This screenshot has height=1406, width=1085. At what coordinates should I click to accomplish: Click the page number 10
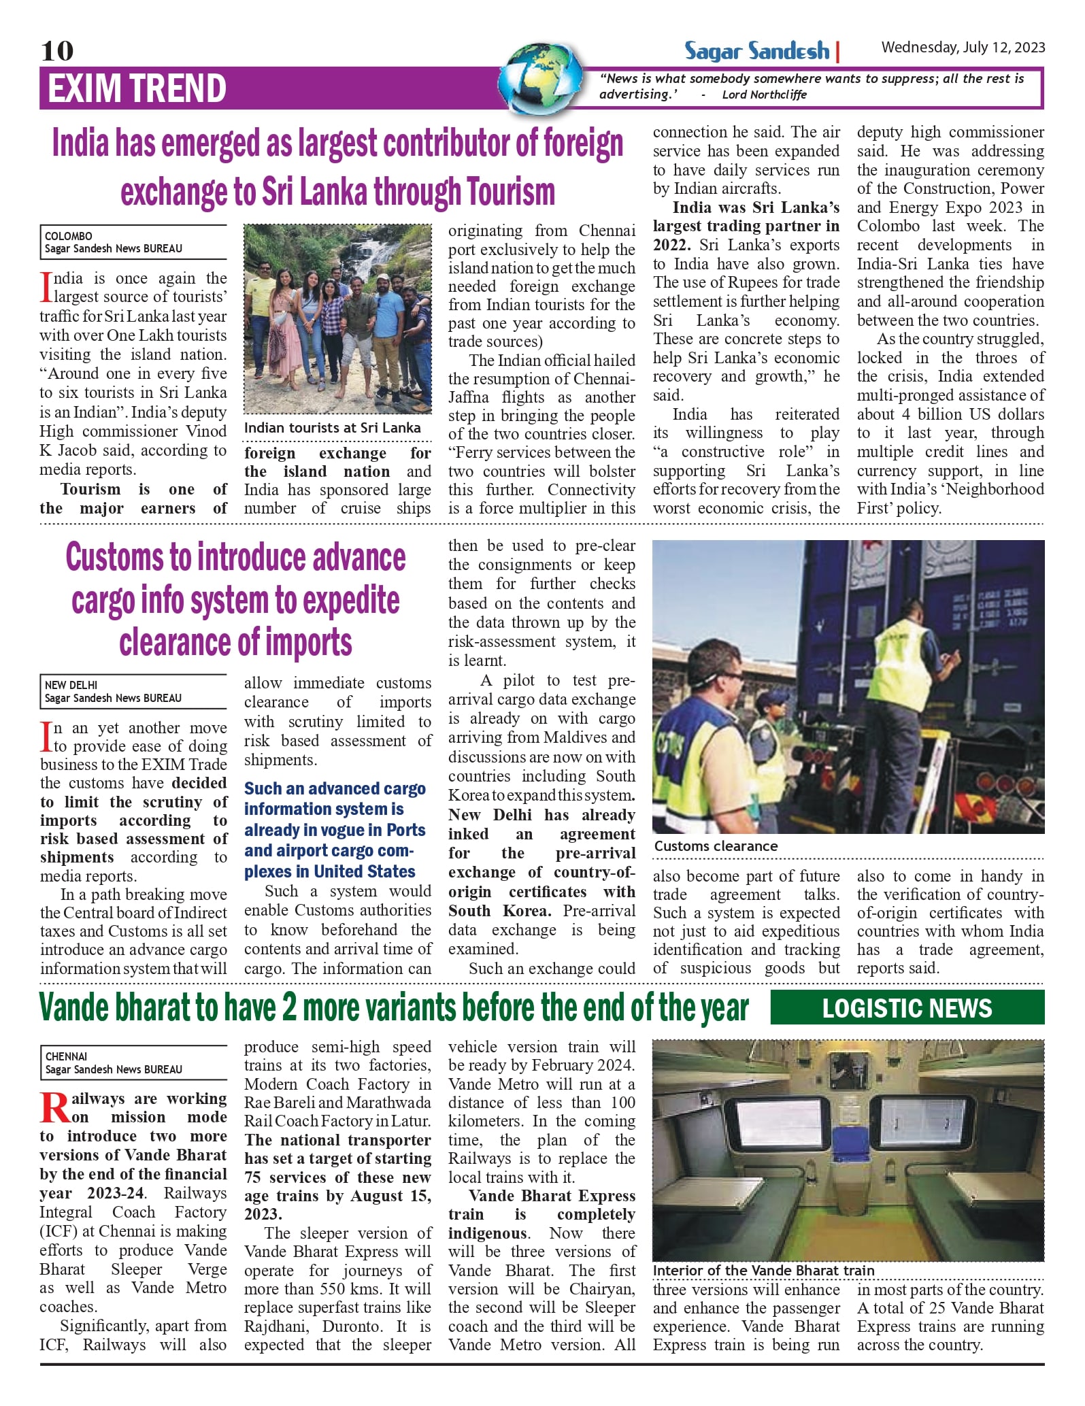(x=57, y=51)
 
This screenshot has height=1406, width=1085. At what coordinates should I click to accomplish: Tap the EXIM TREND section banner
(x=137, y=89)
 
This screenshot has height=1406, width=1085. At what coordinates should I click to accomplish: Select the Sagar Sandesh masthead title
(x=756, y=51)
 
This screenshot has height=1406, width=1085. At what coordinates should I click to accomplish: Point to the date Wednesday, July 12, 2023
(x=963, y=47)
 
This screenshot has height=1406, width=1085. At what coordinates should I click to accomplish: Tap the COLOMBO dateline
(x=68, y=236)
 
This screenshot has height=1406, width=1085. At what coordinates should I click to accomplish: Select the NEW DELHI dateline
(x=71, y=685)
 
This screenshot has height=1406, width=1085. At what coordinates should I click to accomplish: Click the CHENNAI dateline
(x=66, y=1056)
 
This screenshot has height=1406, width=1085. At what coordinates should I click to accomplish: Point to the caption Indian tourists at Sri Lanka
(x=332, y=428)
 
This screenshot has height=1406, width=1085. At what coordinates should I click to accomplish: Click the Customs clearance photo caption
(x=716, y=846)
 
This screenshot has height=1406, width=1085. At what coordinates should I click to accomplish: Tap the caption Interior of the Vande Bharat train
(x=763, y=1271)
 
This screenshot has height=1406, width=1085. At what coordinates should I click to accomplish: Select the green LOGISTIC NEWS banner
(x=907, y=1008)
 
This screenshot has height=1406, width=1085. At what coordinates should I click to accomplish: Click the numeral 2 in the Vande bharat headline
(x=289, y=1008)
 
